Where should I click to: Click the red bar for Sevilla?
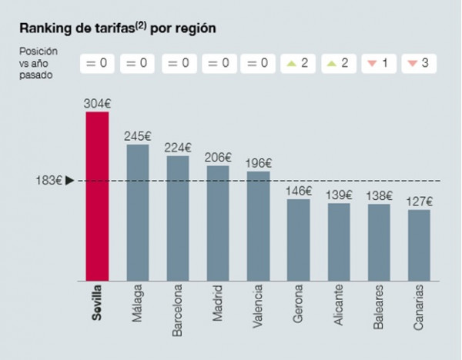[97, 196]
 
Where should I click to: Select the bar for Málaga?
[138, 213]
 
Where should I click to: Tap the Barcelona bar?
[178, 218]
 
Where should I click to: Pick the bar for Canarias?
[419, 245]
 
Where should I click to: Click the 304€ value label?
[97, 104]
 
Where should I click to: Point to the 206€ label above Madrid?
[218, 158]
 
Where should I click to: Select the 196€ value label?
[259, 163]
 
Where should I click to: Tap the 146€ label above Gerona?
[299, 191]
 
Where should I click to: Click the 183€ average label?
[49, 181]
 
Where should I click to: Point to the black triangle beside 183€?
[69, 181]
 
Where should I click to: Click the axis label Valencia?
[257, 306]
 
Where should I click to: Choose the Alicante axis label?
[339, 305]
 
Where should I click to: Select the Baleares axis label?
[379, 307]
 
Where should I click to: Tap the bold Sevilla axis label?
[97, 302]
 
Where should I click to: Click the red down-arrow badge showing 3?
[419, 63]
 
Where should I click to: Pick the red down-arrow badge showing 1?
[379, 63]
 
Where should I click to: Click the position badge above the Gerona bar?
[298, 63]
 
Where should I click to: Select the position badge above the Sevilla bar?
[97, 63]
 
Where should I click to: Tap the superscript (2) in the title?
[141, 26]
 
